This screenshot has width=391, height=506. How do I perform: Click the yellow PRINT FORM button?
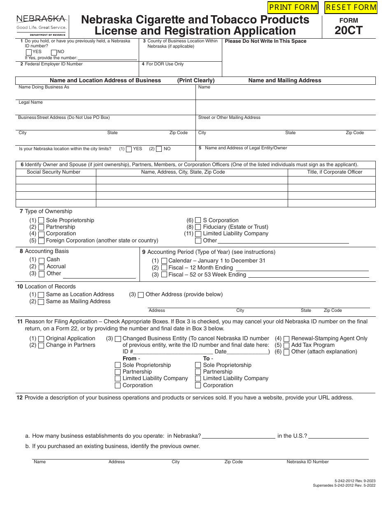[x=293, y=7]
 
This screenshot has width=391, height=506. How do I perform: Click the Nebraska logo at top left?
[x=41, y=25]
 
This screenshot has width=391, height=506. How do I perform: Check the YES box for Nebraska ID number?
[x=28, y=52]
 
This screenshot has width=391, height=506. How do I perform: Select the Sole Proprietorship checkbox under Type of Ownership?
[x=41, y=221]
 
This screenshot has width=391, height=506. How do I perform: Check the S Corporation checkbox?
[x=198, y=221]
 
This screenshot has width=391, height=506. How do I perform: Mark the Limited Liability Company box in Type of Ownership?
[x=198, y=234]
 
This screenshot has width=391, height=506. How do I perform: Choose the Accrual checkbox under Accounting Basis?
[x=42, y=267]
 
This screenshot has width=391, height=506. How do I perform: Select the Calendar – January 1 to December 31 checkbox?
[x=164, y=261]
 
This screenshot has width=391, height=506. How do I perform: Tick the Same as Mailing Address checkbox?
[x=41, y=302]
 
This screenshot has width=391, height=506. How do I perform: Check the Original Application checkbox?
[x=41, y=339]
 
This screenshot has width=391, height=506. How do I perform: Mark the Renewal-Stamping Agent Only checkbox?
[x=286, y=339]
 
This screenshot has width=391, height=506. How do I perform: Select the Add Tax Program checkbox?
[x=286, y=345]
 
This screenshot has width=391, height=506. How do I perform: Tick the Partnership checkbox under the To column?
[x=198, y=372]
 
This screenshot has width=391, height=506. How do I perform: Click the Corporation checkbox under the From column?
[x=118, y=385]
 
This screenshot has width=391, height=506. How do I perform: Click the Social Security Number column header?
[x=54, y=172]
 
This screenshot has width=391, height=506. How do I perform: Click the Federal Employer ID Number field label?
[x=54, y=64]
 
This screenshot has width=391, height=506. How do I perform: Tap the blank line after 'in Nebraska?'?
[x=238, y=436]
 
